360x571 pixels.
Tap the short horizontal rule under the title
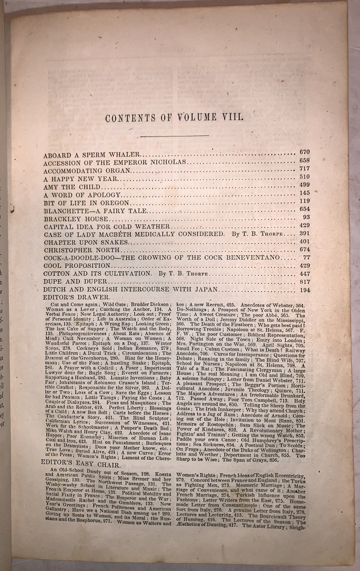pyautogui.click(x=178, y=135)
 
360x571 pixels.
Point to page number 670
pyautogui.click(x=304, y=152)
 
